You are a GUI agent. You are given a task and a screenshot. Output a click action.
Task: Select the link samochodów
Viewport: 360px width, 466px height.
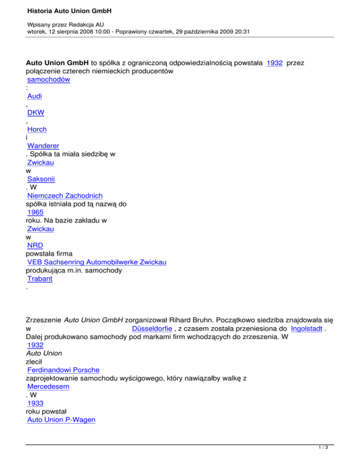(x=49, y=80)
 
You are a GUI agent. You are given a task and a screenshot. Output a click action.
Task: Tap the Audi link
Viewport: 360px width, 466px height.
(x=35, y=97)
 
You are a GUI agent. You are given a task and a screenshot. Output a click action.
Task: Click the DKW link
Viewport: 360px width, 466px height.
(x=36, y=113)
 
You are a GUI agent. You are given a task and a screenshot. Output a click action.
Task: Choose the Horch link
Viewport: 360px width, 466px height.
(x=37, y=129)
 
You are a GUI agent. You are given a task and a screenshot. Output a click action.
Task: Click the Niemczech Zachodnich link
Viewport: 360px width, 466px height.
(x=65, y=195)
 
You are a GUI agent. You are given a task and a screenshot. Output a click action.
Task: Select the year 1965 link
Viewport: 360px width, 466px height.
(x=36, y=212)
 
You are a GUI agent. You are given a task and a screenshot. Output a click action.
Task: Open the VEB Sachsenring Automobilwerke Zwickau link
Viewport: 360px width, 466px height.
(x=97, y=262)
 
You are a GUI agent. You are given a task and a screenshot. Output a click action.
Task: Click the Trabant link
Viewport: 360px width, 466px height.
(x=40, y=278)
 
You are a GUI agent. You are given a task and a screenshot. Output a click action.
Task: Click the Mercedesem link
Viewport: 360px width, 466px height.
(x=49, y=387)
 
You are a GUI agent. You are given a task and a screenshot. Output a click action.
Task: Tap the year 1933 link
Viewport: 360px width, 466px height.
(x=36, y=403)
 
